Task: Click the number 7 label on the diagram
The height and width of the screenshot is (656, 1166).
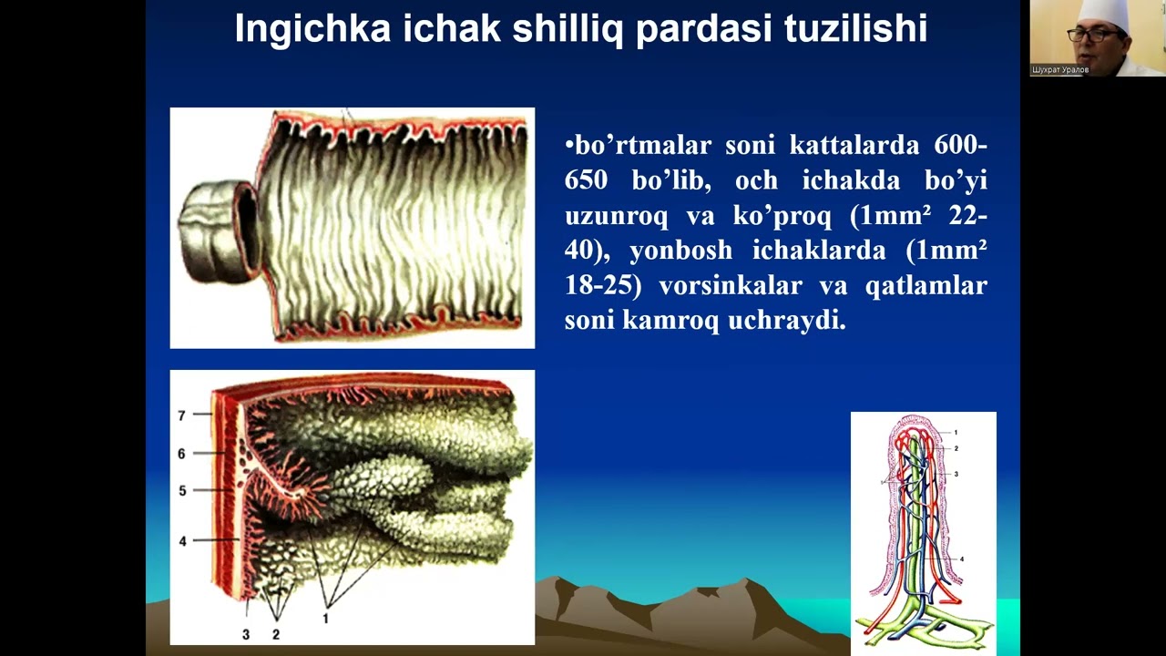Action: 182,415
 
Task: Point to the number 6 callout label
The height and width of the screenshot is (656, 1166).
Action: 182,454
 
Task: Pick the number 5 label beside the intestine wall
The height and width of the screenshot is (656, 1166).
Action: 182,491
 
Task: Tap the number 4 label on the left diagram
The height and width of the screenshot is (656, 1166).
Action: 182,541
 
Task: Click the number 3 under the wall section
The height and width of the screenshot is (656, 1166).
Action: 246,634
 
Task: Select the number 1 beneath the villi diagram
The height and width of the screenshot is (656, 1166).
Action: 325,619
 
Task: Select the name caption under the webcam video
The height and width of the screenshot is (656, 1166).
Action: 1060,70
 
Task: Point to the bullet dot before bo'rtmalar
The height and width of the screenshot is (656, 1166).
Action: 568,146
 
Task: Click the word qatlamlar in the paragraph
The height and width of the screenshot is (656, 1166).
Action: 935,286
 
